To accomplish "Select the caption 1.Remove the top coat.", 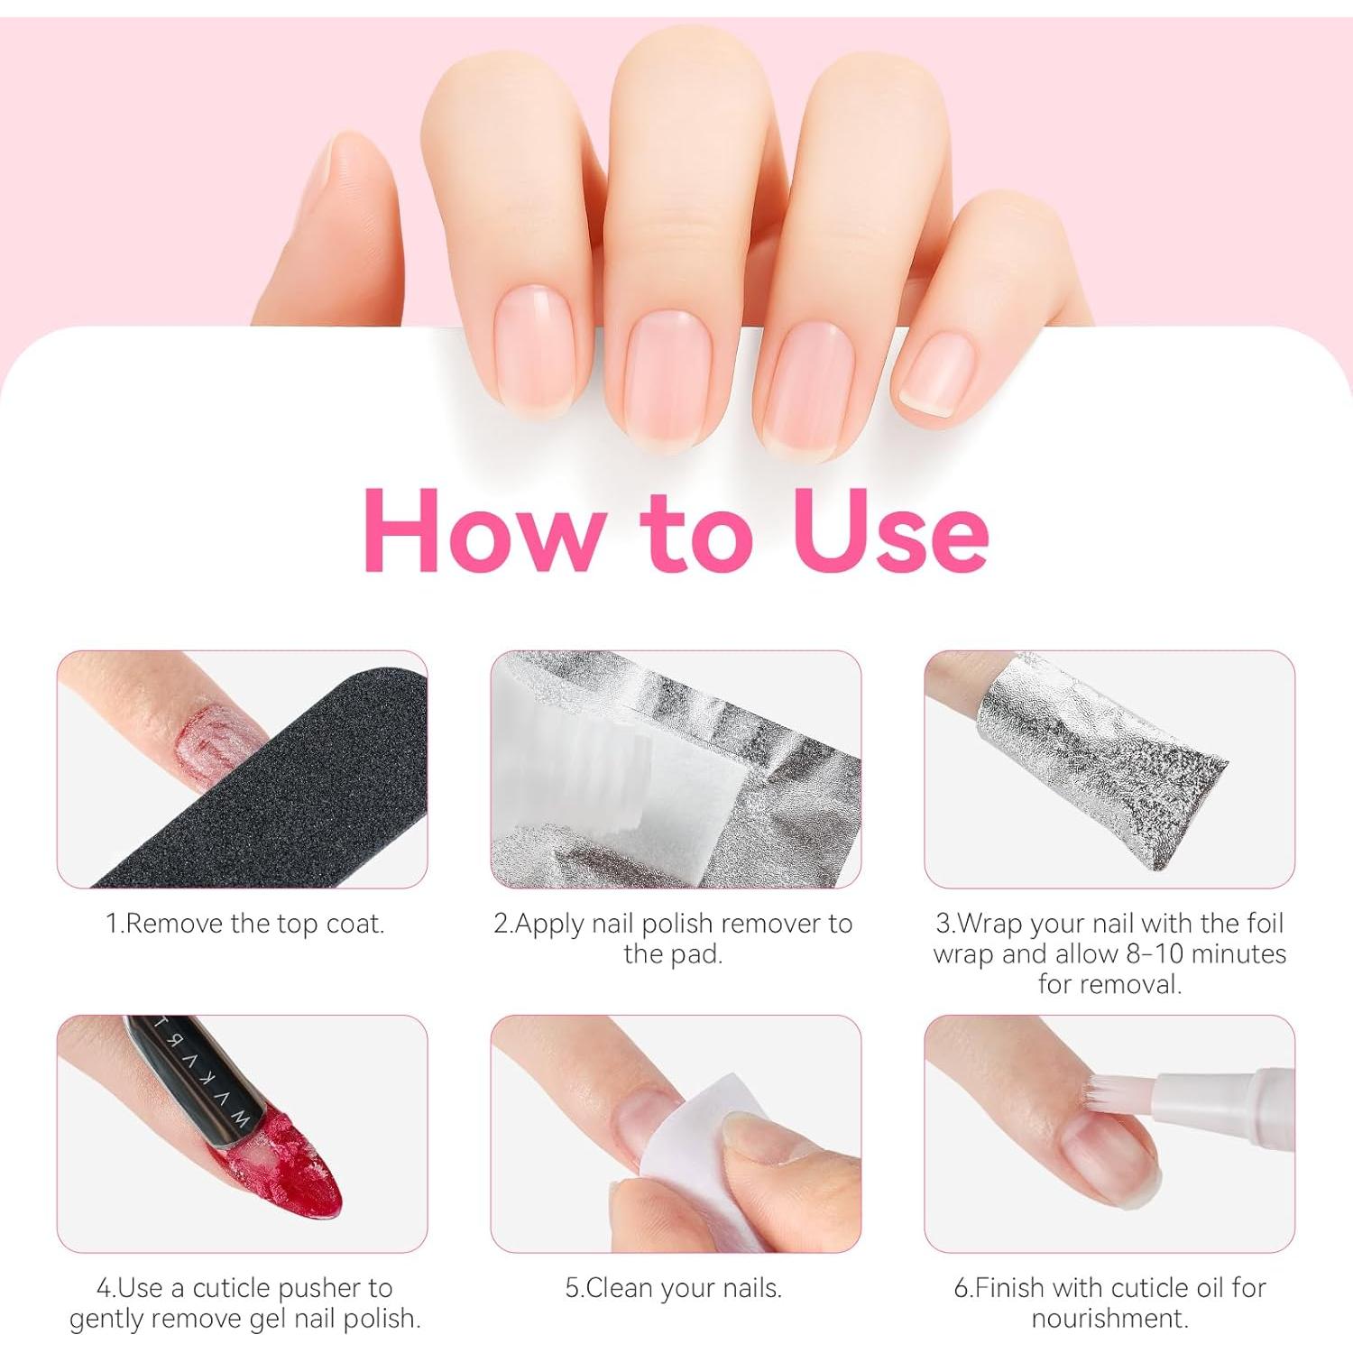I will click(x=244, y=924).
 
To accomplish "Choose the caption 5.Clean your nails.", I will click(x=673, y=1287).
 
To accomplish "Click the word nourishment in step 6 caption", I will click(x=1109, y=1318).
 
